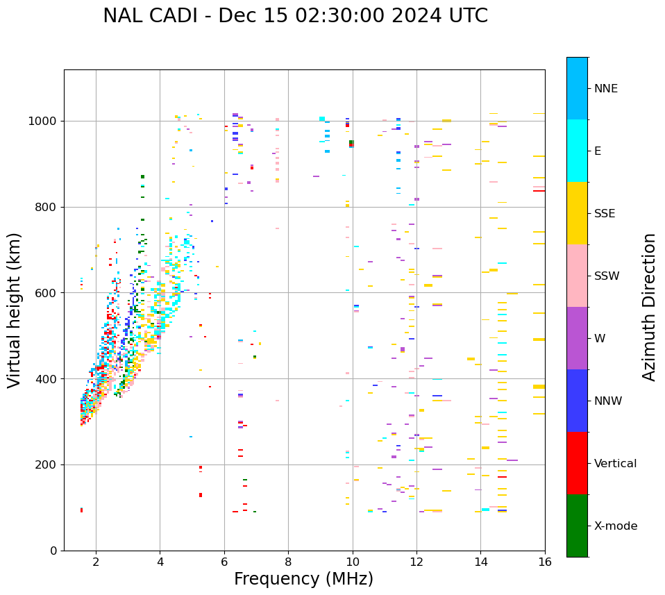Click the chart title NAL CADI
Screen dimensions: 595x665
295,16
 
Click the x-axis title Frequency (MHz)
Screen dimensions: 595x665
303,579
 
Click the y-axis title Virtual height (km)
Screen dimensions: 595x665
15,310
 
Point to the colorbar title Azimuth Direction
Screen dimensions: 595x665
649,307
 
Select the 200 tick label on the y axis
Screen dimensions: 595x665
47,464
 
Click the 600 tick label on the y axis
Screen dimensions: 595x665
47,293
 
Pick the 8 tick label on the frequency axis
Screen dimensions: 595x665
288,562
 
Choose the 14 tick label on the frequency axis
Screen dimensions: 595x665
480,562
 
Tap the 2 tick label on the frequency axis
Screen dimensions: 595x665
96,562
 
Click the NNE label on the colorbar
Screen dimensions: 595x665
605,89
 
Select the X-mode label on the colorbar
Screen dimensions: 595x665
615,526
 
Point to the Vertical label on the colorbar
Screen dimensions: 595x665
615,464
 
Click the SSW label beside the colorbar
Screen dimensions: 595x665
607,276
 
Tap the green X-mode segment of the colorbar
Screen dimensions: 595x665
577,526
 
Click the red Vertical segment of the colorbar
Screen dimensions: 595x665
577,463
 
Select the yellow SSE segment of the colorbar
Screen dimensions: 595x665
577,213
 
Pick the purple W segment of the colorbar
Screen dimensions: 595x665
577,338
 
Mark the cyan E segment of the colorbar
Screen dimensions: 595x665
577,151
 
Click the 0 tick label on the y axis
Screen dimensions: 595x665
54,551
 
